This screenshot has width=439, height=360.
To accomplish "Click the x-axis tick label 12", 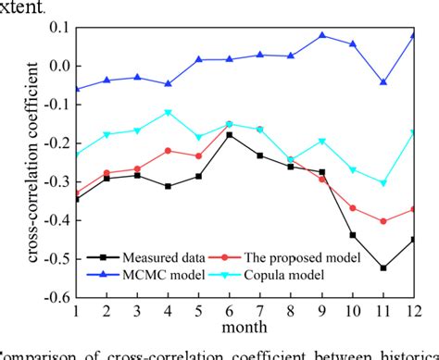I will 412,312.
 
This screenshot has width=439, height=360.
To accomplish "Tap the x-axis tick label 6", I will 229,312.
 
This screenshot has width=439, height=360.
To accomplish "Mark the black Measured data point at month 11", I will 383,268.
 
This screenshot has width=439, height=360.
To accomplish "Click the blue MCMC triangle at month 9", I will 322,35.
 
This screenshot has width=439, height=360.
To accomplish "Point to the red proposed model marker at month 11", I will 383,221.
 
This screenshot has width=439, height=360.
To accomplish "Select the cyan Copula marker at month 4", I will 169,112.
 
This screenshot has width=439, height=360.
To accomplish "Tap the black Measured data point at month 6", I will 229,135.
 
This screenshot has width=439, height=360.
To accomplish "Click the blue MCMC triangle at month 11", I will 383,82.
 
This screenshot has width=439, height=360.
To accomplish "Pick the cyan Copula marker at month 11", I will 383,183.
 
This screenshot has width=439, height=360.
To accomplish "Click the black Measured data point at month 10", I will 353,235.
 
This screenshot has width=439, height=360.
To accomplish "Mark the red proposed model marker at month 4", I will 169,150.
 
